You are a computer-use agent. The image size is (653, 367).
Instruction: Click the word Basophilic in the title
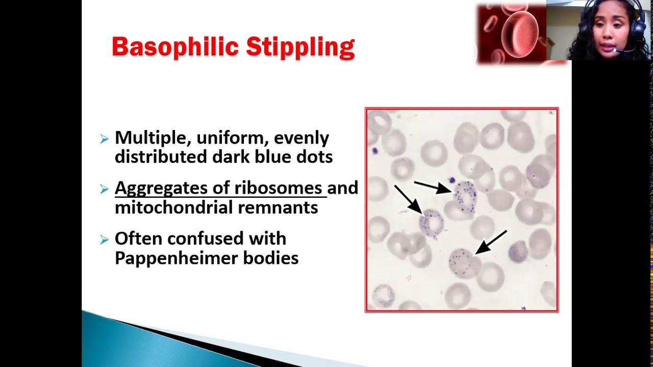(175, 47)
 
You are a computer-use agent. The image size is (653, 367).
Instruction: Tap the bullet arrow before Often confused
(105, 240)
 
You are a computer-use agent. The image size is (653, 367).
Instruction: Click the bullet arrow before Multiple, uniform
(105, 139)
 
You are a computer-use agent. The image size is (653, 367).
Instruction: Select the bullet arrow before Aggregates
(105, 189)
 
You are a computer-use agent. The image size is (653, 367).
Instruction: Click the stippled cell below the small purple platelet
(465, 196)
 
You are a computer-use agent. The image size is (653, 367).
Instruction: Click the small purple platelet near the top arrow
(451, 180)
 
